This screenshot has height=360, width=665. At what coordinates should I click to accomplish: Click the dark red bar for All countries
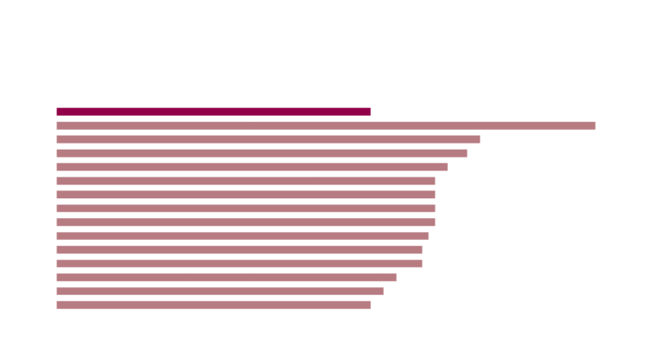214,111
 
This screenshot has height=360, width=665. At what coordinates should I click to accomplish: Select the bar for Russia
326,125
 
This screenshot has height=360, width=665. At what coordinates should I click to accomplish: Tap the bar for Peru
268,139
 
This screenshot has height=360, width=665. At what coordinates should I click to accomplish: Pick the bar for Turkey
227,278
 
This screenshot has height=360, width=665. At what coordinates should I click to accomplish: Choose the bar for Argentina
214,305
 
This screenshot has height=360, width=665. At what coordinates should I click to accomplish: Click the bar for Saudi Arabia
246,181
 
